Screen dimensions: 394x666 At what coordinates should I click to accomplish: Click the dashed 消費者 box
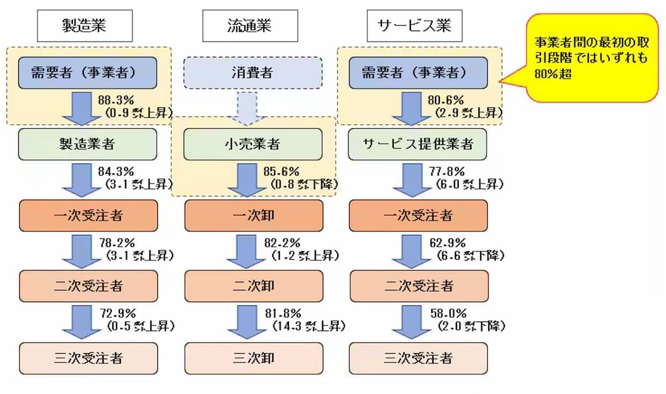point(254,72)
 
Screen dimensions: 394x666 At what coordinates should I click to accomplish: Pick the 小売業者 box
point(254,144)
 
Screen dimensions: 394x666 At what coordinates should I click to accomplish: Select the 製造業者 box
point(88,144)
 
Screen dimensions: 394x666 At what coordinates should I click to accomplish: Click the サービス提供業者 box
point(417,144)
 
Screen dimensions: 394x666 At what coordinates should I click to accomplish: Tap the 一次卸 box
point(254,215)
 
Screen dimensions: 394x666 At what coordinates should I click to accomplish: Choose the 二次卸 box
point(254,286)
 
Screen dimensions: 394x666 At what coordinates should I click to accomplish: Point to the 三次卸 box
point(254,357)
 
